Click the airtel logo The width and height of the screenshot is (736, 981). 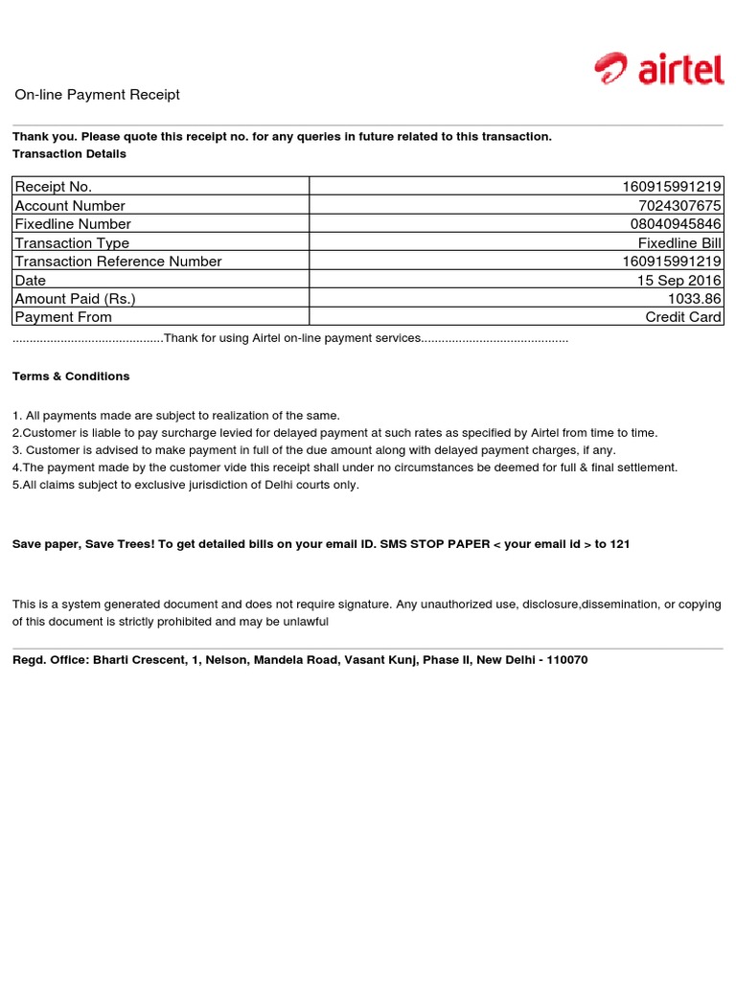pos(658,70)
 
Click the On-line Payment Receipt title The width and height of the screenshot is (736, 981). pos(97,95)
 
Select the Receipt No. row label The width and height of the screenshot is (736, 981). pos(54,187)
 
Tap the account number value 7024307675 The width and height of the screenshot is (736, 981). pos(679,205)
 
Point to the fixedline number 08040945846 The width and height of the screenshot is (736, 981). pos(674,224)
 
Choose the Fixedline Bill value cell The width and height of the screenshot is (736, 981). pos(679,243)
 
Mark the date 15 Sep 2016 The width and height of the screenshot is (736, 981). pos(679,280)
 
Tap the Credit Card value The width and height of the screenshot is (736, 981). pos(683,317)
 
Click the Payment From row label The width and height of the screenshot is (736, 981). pos(63,317)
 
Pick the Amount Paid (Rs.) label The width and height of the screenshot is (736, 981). pos(76,299)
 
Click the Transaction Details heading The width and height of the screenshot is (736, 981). pos(69,153)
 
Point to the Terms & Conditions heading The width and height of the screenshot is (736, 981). pos(71,376)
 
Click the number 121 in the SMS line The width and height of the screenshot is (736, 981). pos(620,544)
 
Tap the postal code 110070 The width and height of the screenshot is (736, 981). pos(567,660)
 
